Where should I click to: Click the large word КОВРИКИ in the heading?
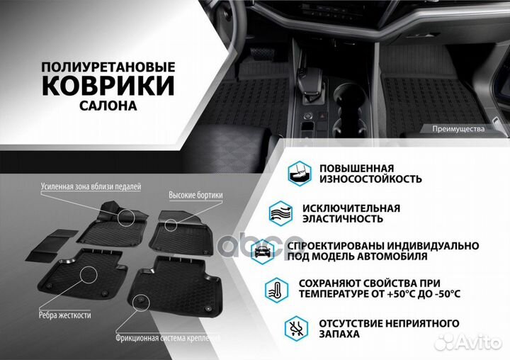tap(108, 84)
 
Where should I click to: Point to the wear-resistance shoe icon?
tap(298, 172)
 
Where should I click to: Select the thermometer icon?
tap(275, 288)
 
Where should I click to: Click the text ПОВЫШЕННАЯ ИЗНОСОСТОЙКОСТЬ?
tap(370, 173)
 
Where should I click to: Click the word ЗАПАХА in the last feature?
tap(339, 333)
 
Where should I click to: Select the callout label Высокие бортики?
tap(195, 194)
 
